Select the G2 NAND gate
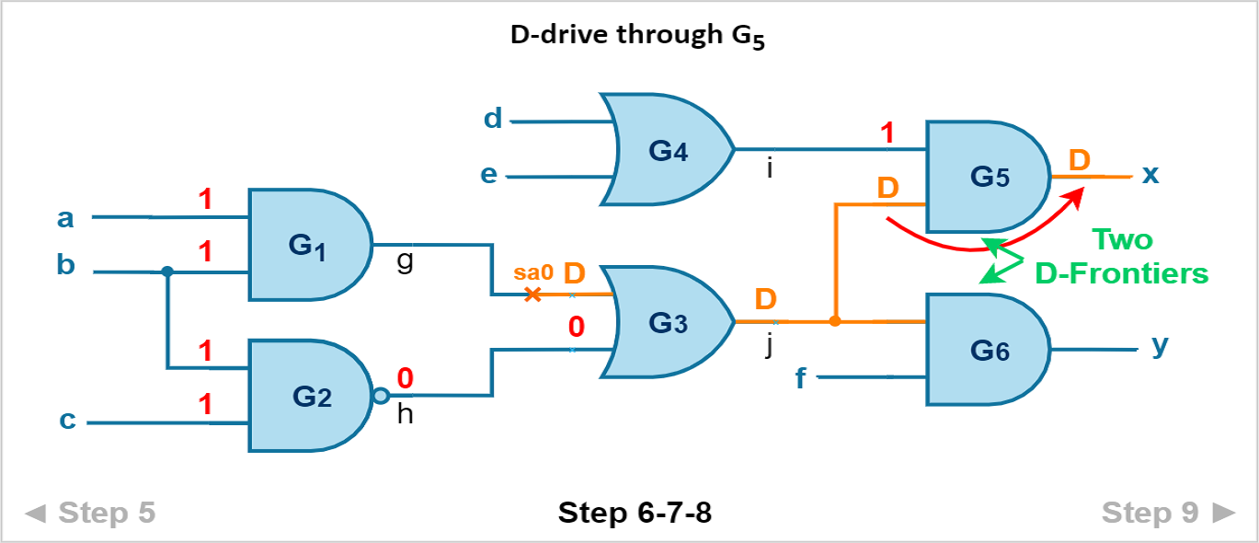click(308, 396)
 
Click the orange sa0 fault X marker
click(532, 295)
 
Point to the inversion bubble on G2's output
click(380, 396)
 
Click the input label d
click(493, 120)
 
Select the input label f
click(801, 377)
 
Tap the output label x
click(1150, 174)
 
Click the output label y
click(1161, 346)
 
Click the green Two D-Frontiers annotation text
click(1122, 256)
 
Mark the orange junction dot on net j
click(834, 321)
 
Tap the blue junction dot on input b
click(166, 271)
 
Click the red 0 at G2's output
click(405, 378)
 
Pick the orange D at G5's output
click(1079, 160)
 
